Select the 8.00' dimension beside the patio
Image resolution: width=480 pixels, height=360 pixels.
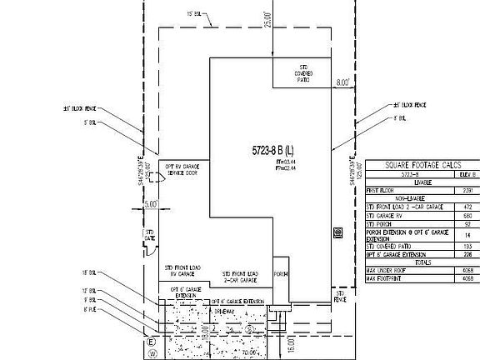pyautogui.click(x=342, y=83)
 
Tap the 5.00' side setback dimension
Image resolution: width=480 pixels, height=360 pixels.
pyautogui.click(x=150, y=203)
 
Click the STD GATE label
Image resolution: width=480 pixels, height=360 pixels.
pyautogui.click(x=151, y=235)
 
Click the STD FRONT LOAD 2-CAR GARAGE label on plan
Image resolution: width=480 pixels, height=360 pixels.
pyautogui.click(x=240, y=277)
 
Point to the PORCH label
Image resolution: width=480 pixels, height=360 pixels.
pyautogui.click(x=281, y=273)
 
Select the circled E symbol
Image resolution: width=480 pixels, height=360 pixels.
pyautogui.click(x=151, y=342)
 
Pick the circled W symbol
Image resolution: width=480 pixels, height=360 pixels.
pyautogui.click(x=151, y=353)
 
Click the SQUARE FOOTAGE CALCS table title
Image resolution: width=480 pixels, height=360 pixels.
pyautogui.click(x=422, y=165)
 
